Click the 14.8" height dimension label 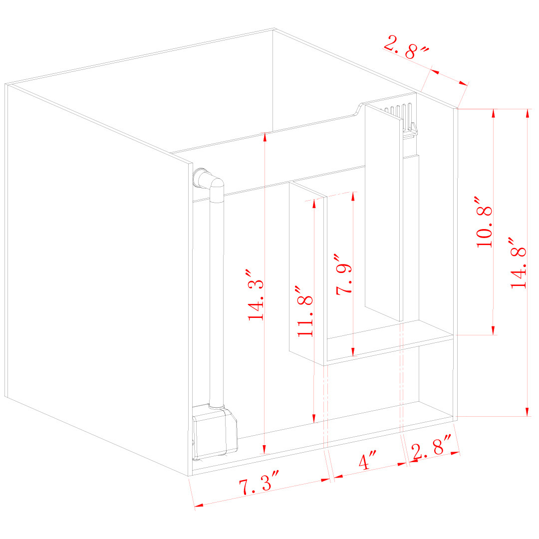[519, 268]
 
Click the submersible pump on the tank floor [215, 432]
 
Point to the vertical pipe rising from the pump [216, 299]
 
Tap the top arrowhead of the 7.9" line [353, 196]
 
